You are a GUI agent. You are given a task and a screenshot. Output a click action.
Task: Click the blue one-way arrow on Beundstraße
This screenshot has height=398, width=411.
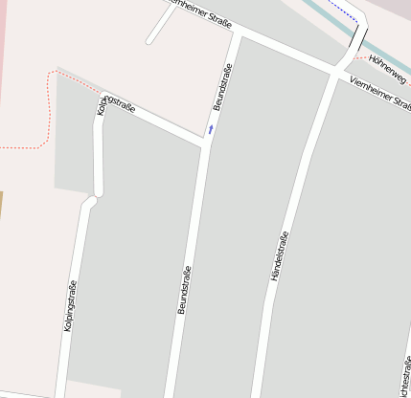[211, 128]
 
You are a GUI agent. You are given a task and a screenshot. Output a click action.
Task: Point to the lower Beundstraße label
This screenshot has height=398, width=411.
[185, 290]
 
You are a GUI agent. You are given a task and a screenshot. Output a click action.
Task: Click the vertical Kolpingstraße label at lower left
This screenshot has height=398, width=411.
[70, 306]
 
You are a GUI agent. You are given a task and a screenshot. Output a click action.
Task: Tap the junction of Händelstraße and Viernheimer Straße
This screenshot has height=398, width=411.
[337, 70]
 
